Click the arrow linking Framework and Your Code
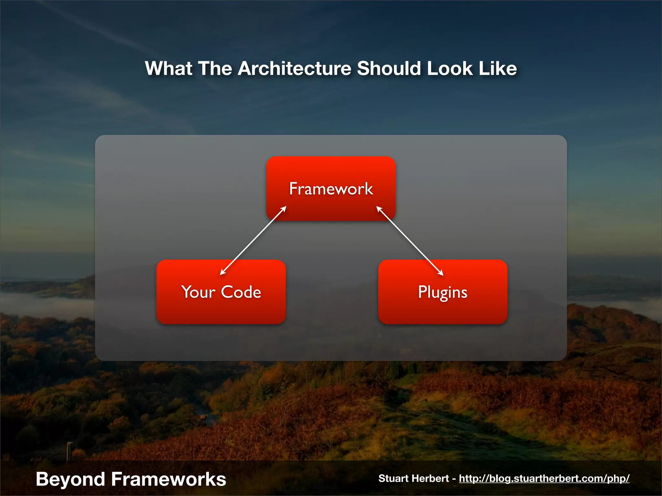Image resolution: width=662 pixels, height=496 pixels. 253,241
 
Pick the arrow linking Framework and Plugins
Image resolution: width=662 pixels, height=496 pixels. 410,241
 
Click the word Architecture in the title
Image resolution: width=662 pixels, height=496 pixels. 294,68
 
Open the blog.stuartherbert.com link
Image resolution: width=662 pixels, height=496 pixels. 544,478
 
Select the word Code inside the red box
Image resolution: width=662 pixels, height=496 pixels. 241,292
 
